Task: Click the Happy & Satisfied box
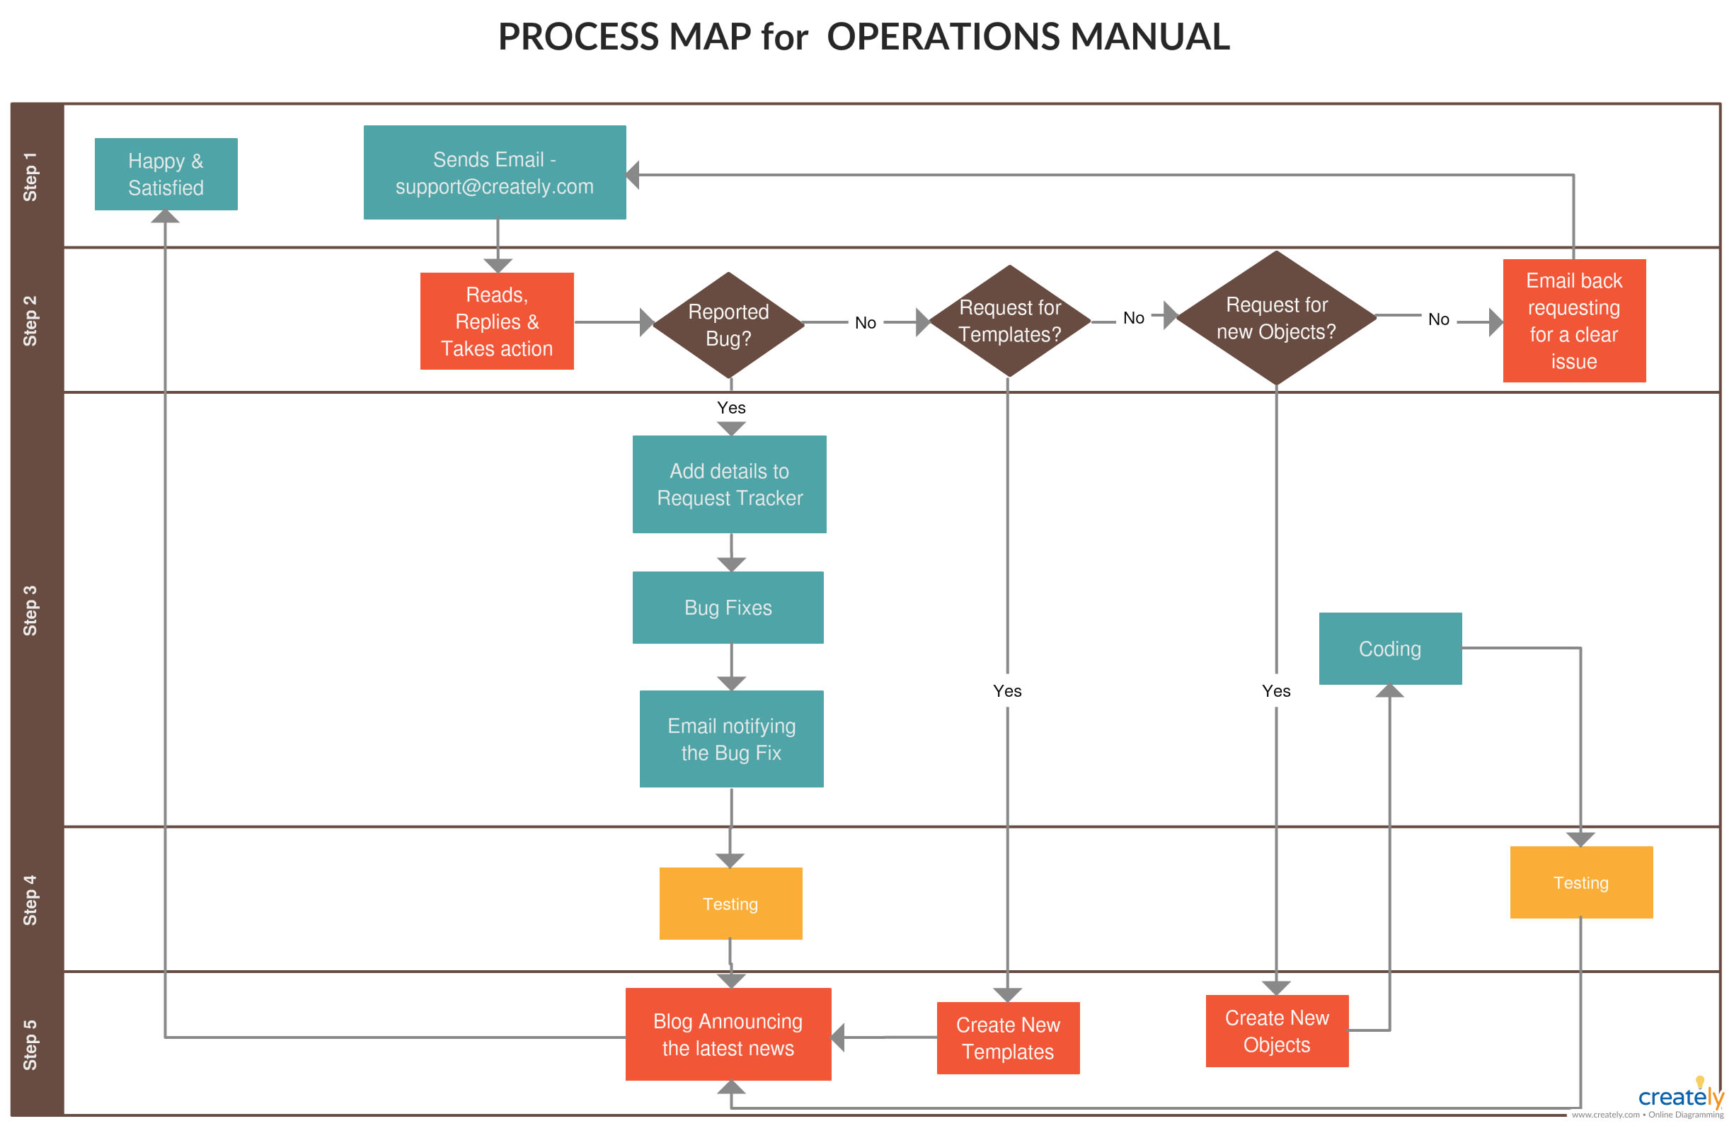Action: point(166,174)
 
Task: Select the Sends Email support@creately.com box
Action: point(494,173)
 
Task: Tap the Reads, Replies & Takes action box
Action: point(497,322)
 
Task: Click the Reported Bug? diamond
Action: point(728,325)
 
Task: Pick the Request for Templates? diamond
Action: point(1009,321)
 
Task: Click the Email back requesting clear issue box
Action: point(1574,321)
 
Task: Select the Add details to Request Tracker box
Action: point(729,484)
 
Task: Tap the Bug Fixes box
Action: point(728,607)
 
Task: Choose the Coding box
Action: point(1389,648)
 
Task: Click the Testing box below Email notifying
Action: point(730,903)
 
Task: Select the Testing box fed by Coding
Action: point(1580,882)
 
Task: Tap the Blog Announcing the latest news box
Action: point(728,1033)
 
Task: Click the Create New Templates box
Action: point(1008,1037)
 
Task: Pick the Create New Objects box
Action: point(1277,1030)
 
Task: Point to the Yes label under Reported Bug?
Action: point(730,407)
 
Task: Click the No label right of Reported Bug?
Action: point(865,322)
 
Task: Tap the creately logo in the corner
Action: point(1680,1096)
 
